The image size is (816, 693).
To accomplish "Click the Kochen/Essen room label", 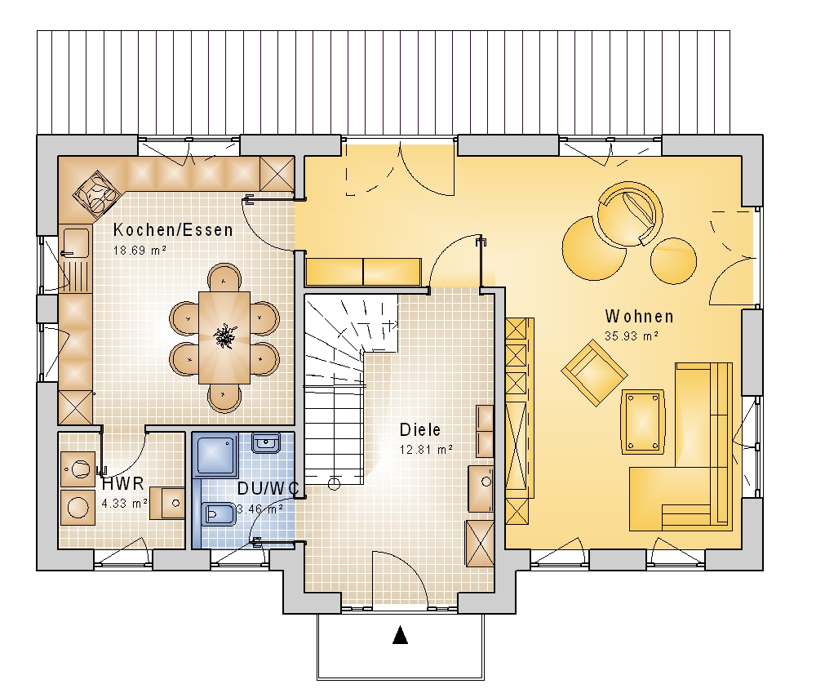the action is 173,229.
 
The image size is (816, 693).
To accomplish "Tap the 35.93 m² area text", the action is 632,335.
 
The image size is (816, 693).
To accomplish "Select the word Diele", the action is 420,429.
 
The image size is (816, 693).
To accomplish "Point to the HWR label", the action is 123,483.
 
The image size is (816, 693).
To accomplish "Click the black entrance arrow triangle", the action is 400,635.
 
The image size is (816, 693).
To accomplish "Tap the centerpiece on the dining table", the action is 224,335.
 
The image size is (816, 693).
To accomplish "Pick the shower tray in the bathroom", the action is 215,455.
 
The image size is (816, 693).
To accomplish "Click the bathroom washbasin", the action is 266,443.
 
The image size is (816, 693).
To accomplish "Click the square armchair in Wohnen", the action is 594,373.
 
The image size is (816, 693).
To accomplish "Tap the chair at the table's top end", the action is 224,277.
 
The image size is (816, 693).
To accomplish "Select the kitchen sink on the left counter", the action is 75,242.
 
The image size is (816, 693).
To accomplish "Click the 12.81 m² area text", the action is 426,449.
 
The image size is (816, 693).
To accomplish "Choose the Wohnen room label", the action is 639,316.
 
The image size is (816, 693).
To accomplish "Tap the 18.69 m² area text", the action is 140,250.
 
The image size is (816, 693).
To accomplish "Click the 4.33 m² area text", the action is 124,504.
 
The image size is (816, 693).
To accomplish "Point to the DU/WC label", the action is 268,488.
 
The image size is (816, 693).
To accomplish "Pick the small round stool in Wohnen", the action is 673,261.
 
